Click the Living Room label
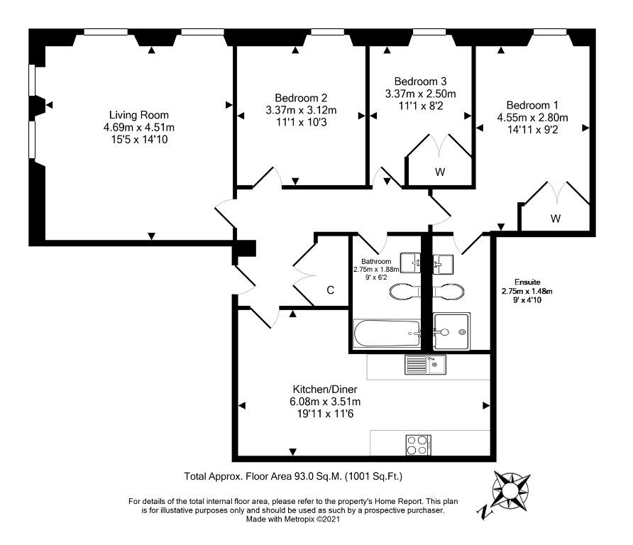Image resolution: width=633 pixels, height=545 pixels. [x=139, y=115]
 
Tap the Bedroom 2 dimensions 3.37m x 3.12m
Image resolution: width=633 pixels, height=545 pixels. [x=301, y=110]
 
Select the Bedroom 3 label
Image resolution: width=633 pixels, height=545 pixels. [x=420, y=82]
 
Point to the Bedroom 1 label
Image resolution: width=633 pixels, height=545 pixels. [x=532, y=105]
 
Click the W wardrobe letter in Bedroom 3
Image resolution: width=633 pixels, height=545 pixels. [x=440, y=172]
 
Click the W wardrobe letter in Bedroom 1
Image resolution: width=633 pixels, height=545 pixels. [x=556, y=219]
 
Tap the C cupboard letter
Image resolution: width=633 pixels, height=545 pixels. [x=330, y=290]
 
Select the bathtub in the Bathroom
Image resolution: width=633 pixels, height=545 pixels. [x=387, y=334]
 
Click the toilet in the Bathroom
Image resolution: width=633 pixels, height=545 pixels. [x=405, y=291]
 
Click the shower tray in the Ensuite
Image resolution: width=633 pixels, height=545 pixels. [x=451, y=331]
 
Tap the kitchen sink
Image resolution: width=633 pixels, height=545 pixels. [x=425, y=365]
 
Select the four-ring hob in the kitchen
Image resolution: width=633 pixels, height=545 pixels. [x=419, y=445]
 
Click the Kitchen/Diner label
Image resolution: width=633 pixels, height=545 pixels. [x=325, y=390]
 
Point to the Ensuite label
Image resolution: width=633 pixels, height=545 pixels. [x=527, y=282]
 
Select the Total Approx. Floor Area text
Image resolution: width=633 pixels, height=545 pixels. [x=294, y=476]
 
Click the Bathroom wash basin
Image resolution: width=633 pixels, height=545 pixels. [x=410, y=263]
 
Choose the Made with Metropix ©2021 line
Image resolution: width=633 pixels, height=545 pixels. [x=293, y=519]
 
